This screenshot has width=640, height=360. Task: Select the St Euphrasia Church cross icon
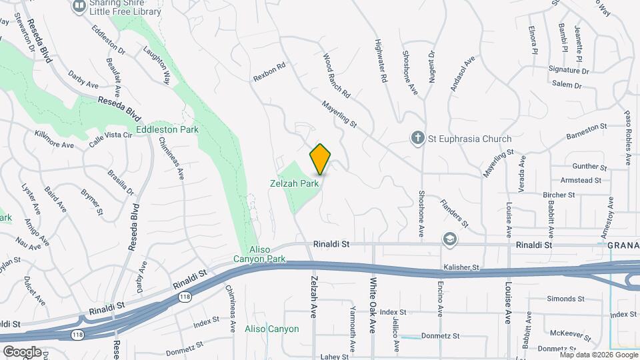click(x=417, y=139)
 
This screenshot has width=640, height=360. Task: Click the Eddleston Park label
click(x=167, y=129)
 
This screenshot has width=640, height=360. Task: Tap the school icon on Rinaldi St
click(x=451, y=239)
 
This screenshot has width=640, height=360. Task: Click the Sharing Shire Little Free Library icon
click(x=79, y=6)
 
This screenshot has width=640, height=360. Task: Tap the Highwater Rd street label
click(x=381, y=60)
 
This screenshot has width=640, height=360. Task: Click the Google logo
click(x=21, y=351)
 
